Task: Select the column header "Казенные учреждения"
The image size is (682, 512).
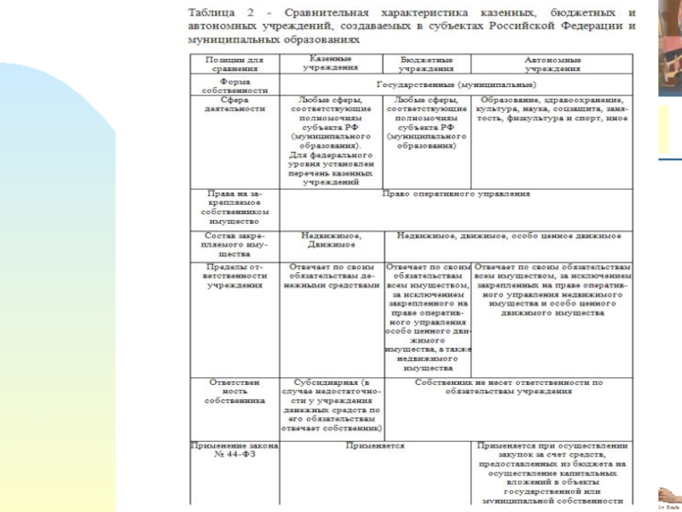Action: [x=330, y=62]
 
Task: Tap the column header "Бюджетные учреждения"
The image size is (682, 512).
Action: [x=426, y=63]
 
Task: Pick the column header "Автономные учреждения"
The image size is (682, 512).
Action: [x=552, y=63]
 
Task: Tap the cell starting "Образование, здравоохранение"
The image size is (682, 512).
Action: [x=552, y=109]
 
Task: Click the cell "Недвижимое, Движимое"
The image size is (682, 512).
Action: [x=330, y=239]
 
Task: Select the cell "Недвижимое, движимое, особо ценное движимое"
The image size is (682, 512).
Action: [x=509, y=235]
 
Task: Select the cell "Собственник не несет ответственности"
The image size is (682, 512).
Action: [x=509, y=387]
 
